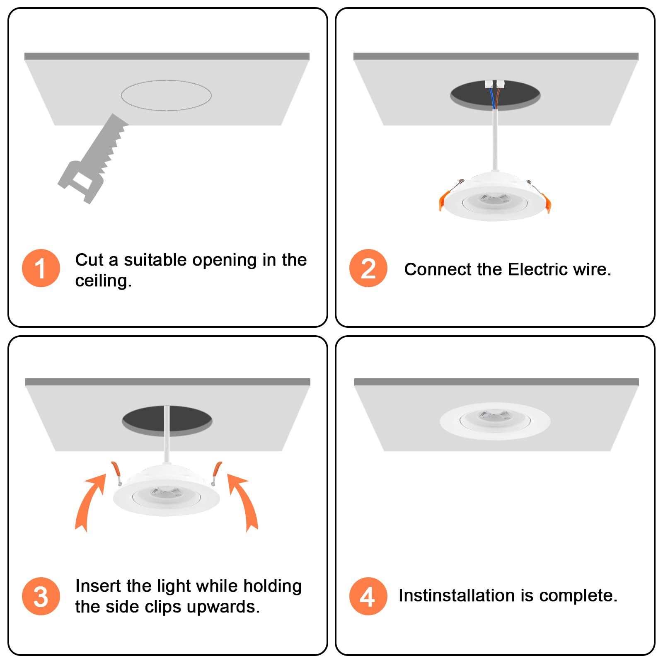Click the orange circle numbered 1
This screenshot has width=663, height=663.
tap(41, 268)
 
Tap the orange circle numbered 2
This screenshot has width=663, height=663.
tap(368, 268)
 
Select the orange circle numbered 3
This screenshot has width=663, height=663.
tap(41, 596)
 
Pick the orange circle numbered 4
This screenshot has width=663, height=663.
tap(368, 596)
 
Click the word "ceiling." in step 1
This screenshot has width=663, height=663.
tap(104, 281)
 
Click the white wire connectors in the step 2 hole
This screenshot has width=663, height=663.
tap(495, 84)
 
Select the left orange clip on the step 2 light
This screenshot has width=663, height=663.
tap(444, 200)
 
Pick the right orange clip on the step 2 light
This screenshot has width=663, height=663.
tap(546, 203)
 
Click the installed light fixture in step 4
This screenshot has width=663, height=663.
tap(495, 421)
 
